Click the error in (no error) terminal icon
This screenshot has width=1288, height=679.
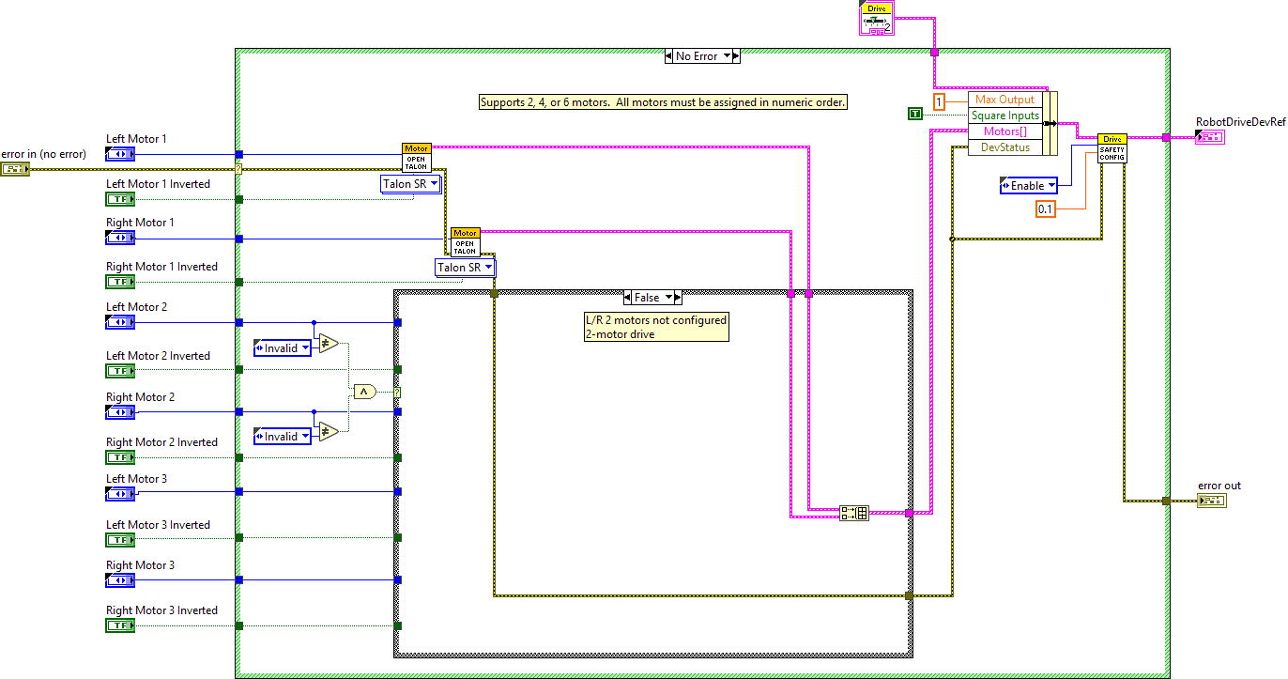point(15,169)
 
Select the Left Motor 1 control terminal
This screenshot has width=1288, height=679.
point(120,154)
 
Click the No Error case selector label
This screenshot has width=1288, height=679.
point(697,56)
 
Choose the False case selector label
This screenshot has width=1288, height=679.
point(647,297)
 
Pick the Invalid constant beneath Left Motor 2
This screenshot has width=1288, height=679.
point(282,348)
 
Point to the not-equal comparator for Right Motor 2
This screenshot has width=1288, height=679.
point(329,432)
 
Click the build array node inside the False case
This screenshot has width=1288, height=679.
point(854,513)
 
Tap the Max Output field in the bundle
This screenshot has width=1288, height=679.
point(1004,100)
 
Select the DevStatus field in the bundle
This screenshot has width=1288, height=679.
point(1004,147)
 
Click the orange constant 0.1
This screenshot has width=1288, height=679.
point(1046,209)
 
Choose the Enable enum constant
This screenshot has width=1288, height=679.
point(1028,186)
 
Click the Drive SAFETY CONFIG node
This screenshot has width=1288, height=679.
point(1112,148)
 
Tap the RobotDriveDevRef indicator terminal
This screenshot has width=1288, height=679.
point(1209,138)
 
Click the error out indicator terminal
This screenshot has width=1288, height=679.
point(1211,501)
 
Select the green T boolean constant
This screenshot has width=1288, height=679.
point(915,115)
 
